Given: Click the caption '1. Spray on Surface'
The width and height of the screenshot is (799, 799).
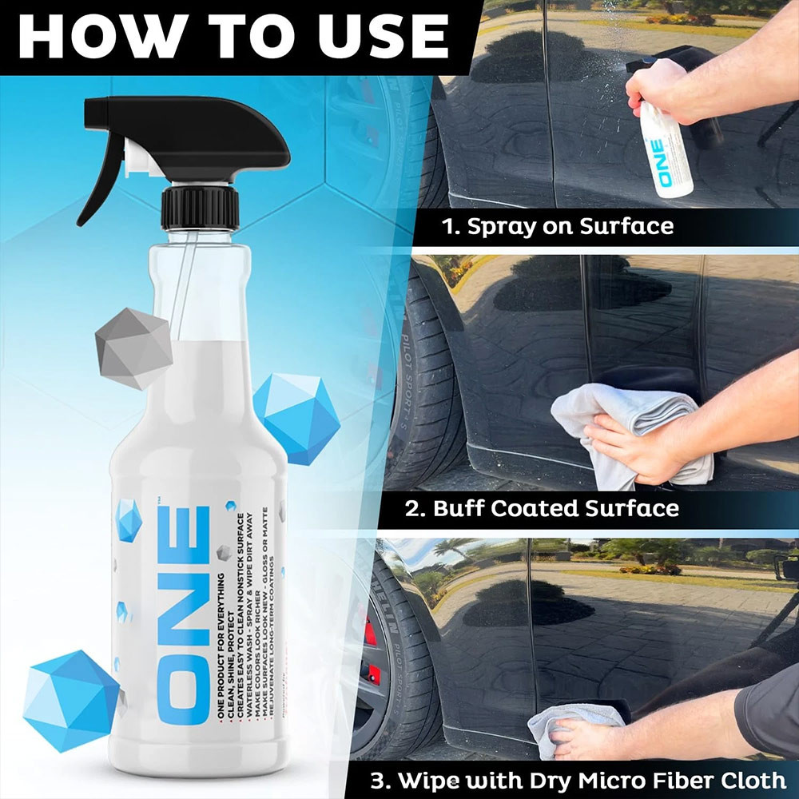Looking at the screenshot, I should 558,226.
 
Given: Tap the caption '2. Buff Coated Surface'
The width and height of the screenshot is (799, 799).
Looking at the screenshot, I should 542,508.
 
